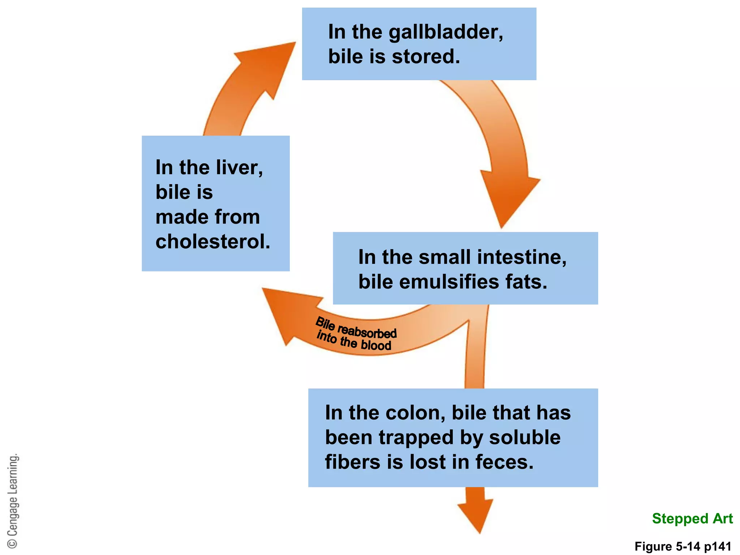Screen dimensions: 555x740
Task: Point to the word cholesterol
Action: point(212,242)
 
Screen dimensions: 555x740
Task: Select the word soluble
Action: point(525,438)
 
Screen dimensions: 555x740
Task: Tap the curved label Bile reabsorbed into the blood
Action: point(356,334)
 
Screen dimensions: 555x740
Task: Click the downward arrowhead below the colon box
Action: point(476,513)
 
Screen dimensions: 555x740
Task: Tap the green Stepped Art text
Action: point(692,519)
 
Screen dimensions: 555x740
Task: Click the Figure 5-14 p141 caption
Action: point(683,546)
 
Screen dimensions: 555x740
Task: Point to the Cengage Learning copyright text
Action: point(13,500)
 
